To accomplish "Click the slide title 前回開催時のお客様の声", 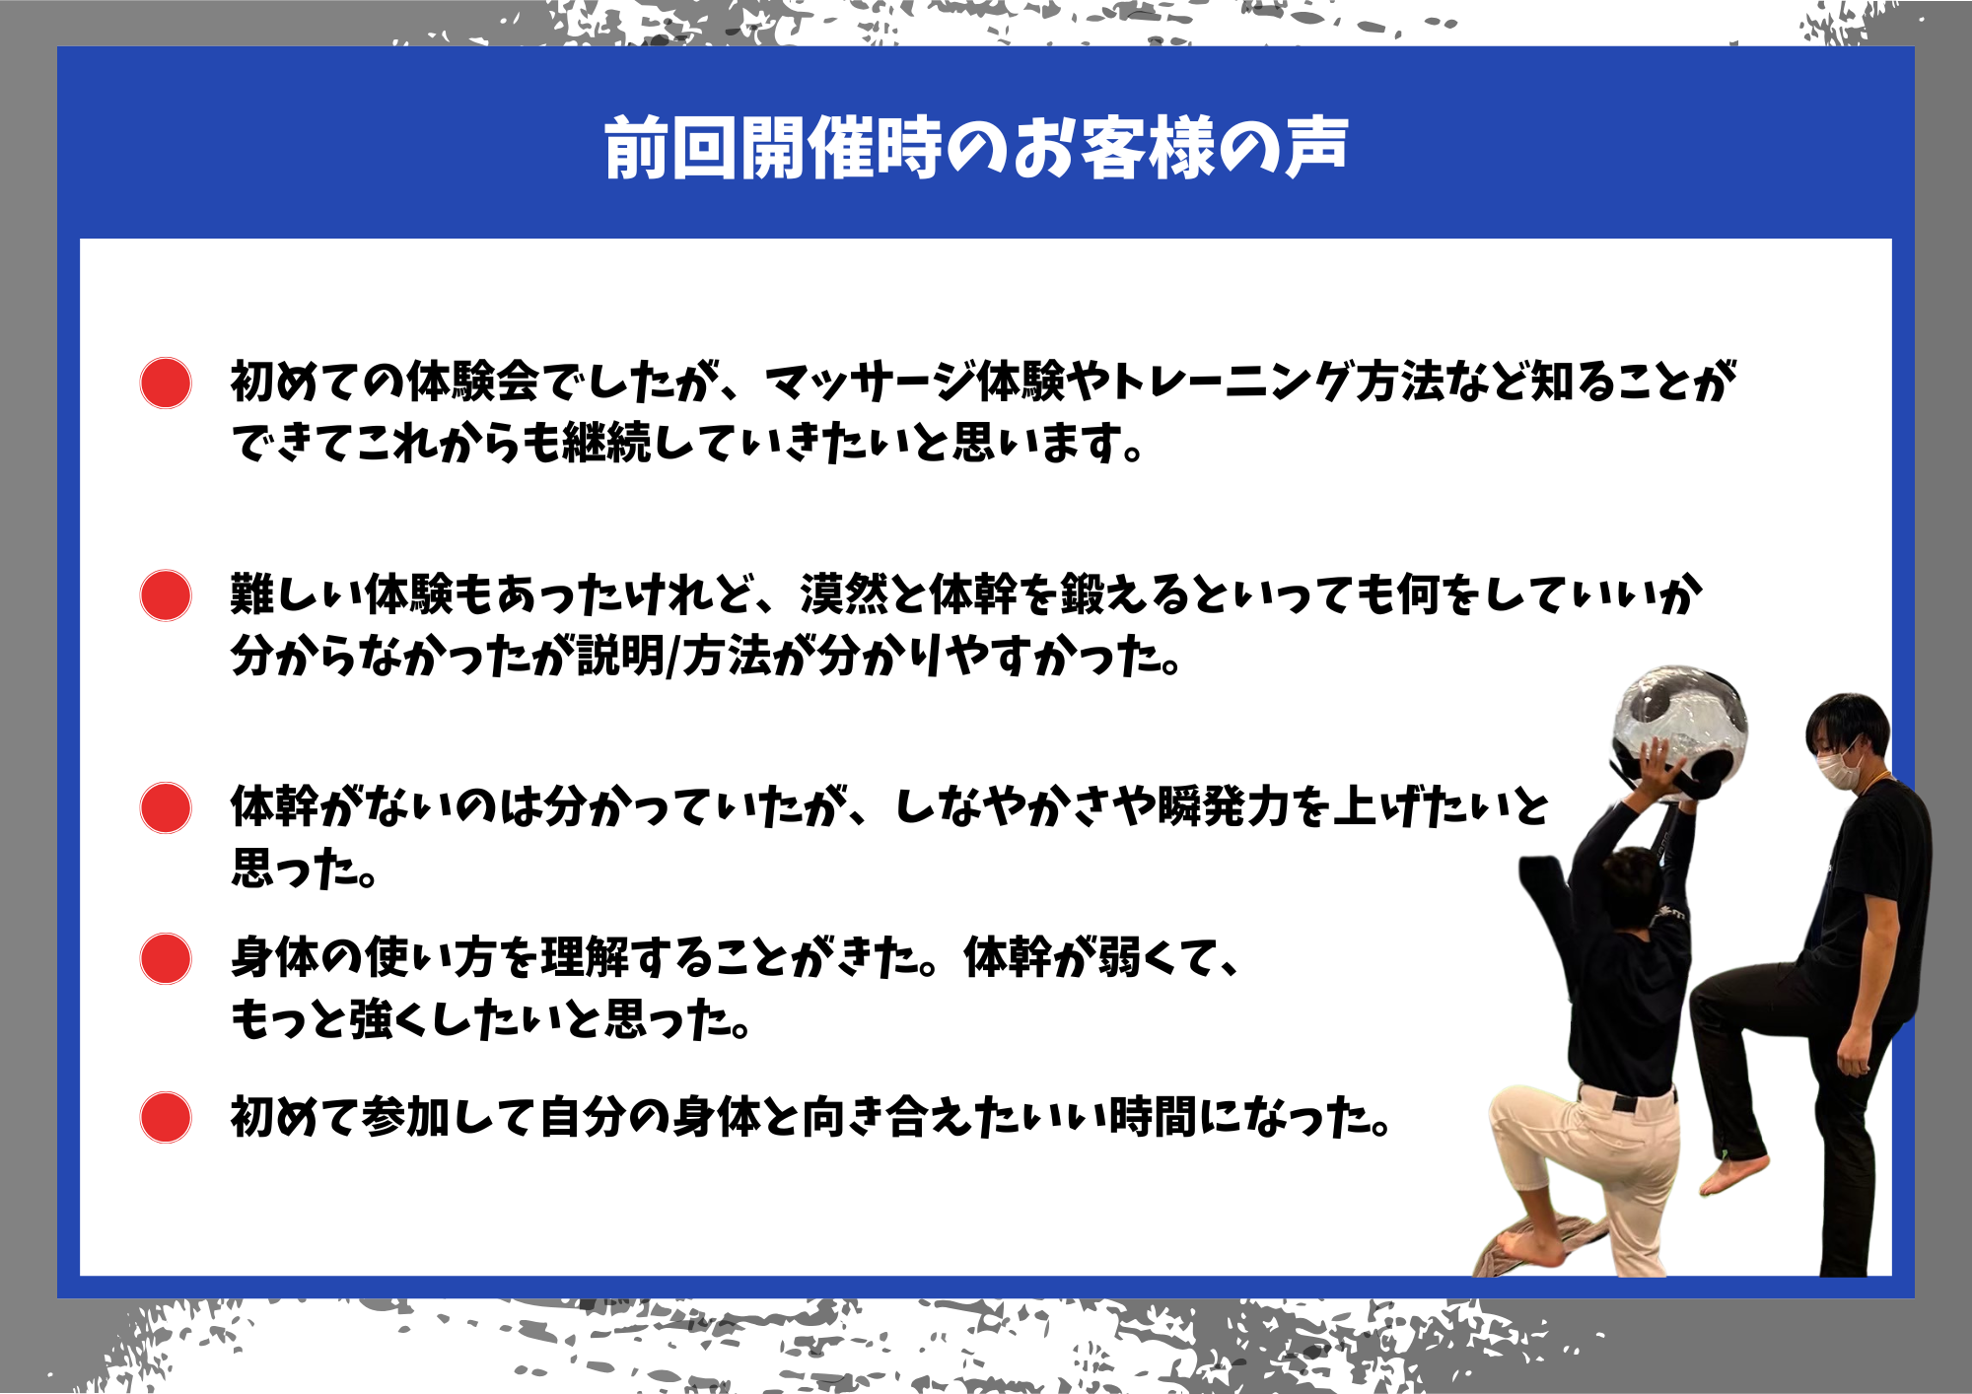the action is (x=976, y=148).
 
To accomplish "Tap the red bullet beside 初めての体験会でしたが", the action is (x=166, y=383).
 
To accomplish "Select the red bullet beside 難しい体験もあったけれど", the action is (x=166, y=595).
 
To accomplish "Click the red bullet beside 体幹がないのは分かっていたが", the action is (x=166, y=808).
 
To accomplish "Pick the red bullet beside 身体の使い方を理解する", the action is (x=166, y=958).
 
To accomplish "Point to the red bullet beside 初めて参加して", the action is (x=166, y=1117).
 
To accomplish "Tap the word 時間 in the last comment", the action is (x=1153, y=1117).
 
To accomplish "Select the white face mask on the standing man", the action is (x=1837, y=766).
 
